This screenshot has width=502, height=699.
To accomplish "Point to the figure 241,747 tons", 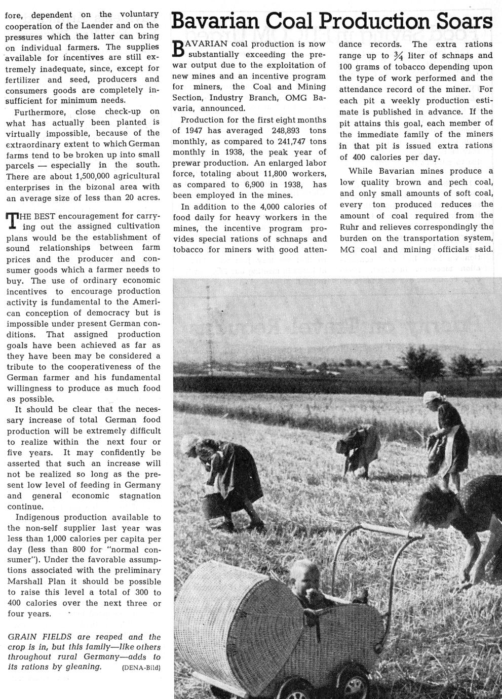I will (297, 142).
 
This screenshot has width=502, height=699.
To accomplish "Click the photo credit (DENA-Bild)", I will (141, 668).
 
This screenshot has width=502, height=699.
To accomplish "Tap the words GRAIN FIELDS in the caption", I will (34, 637).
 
